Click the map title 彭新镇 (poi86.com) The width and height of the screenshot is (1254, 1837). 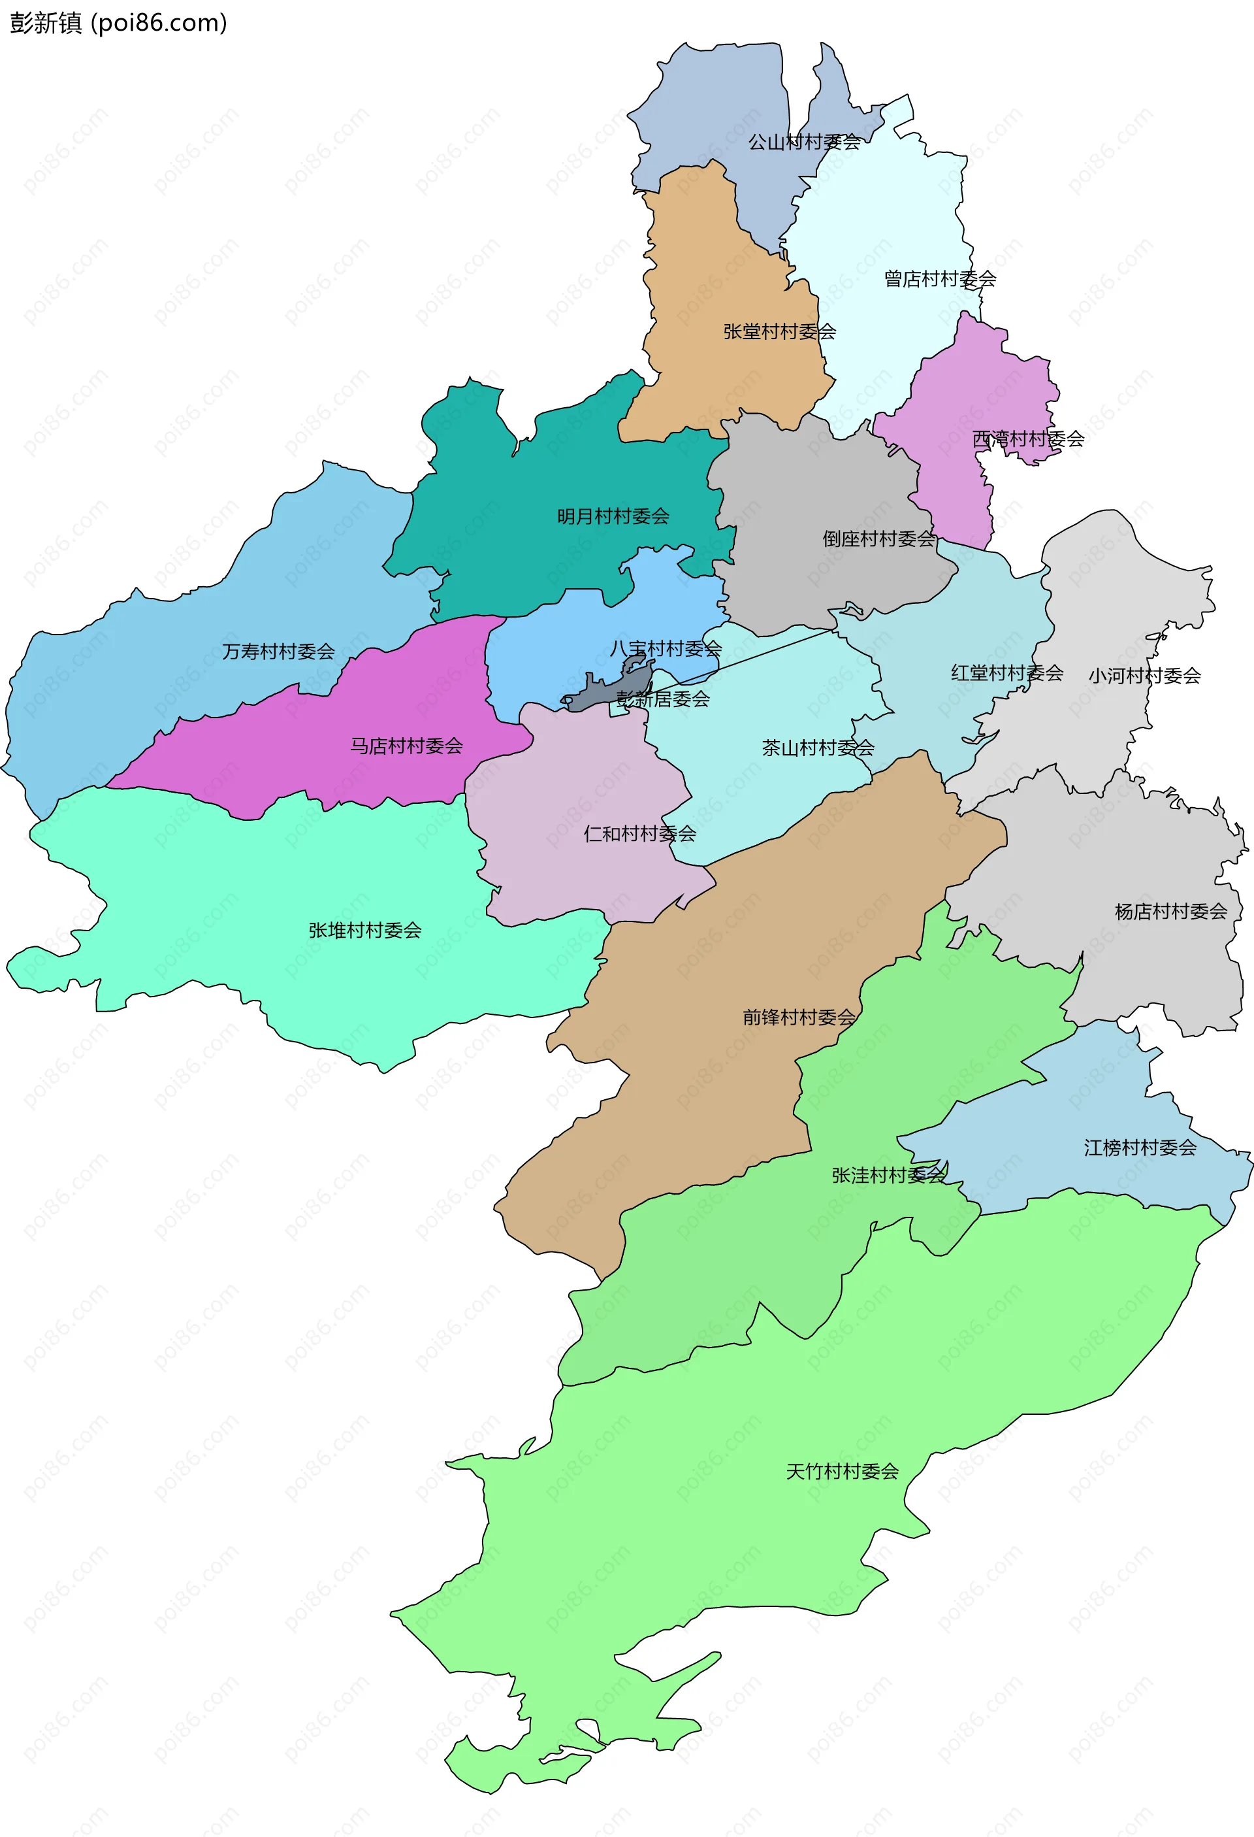(118, 23)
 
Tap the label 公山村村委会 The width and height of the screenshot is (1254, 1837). (805, 142)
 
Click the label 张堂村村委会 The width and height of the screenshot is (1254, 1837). (779, 332)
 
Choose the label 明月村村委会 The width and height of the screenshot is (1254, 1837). (613, 517)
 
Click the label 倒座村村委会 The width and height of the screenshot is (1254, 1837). (878, 539)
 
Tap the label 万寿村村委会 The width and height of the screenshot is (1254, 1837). (278, 652)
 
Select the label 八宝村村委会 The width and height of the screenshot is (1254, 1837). (666, 649)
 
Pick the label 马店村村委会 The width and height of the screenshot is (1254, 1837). (406, 746)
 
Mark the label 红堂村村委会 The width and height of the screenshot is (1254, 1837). (1006, 674)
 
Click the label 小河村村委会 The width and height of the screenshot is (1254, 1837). (1144, 676)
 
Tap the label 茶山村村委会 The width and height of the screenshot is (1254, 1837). (818, 748)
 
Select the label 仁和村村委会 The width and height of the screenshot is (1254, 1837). (639, 834)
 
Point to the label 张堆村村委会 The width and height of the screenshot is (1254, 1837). (364, 931)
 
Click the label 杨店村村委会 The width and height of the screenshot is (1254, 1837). (1170, 912)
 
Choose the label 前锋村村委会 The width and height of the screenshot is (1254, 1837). (799, 1018)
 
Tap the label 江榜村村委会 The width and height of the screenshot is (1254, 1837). (1140, 1148)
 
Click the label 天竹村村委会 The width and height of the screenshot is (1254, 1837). (843, 1472)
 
